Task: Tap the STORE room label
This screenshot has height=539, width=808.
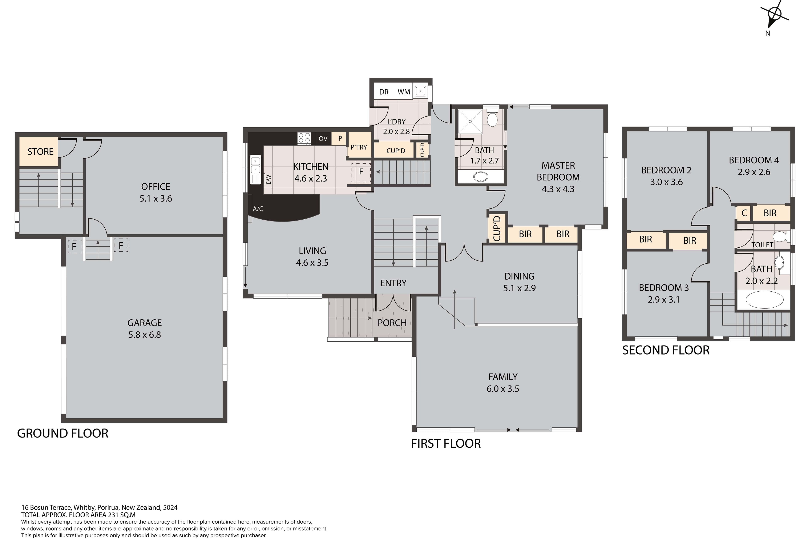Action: (x=40, y=152)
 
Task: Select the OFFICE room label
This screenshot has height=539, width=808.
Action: (x=156, y=187)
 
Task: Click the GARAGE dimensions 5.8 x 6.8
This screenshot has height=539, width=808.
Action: (x=145, y=335)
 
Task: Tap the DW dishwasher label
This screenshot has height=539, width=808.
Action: (x=269, y=179)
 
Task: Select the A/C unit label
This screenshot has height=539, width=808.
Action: (x=258, y=209)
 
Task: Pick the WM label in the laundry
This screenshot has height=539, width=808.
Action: (x=404, y=92)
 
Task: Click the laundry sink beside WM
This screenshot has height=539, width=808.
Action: (x=420, y=91)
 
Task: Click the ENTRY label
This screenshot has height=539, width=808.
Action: (x=393, y=283)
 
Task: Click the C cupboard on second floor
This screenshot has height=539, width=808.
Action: (x=744, y=213)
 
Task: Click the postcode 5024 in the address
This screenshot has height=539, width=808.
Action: (x=170, y=507)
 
